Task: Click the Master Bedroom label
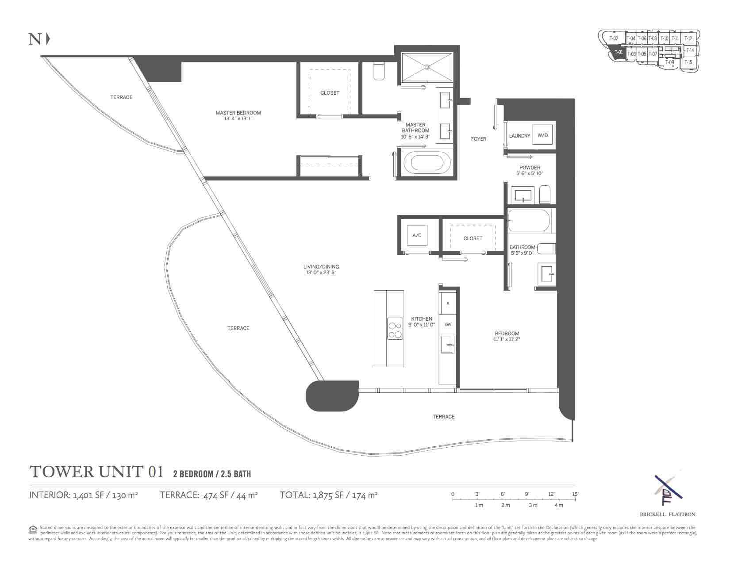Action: point(238,113)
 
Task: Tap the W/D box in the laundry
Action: point(542,135)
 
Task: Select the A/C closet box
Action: point(417,235)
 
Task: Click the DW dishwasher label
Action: point(448,325)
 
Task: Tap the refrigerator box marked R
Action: point(448,303)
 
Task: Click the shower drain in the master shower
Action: point(427,67)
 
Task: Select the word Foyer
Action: point(478,139)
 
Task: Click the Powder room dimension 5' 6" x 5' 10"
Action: point(530,173)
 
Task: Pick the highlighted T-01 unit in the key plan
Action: point(618,52)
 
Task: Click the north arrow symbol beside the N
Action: point(48,39)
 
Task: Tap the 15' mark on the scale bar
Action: point(574,494)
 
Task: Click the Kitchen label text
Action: point(421,318)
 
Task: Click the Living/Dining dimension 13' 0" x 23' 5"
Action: point(321,272)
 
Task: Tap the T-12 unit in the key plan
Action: point(688,38)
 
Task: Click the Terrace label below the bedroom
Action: point(443,417)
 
